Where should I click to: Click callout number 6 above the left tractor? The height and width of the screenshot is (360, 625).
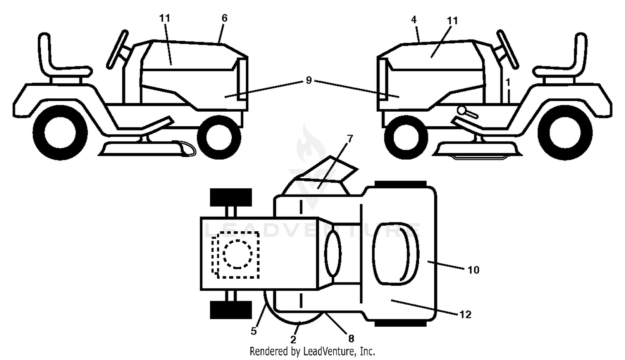point(224,18)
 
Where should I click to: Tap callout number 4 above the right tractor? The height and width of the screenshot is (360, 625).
point(414,20)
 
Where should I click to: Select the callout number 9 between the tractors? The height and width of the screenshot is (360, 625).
point(309,80)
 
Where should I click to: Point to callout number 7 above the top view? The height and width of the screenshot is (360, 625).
point(350,139)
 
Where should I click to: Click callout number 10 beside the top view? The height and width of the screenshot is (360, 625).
point(473,270)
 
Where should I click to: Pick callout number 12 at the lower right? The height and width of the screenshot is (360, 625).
point(465,315)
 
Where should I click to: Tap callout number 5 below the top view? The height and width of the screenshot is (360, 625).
point(253,331)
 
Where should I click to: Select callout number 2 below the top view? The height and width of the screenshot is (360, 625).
point(293,340)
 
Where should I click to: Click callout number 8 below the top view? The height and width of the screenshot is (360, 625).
point(351,338)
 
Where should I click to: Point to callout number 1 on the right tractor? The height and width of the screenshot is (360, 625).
point(508,82)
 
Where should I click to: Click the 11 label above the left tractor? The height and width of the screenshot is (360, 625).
point(165,18)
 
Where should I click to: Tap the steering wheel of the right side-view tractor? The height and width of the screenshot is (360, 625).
point(507,50)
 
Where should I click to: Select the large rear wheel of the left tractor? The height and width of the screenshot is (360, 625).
point(60,132)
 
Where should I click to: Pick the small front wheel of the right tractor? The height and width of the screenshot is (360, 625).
point(406,137)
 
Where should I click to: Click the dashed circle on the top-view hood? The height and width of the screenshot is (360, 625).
point(237,254)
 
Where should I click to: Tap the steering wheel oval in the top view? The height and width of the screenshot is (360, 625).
point(332,253)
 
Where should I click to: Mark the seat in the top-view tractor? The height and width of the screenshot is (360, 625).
point(396,254)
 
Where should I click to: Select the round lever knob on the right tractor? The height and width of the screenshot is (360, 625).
point(461,110)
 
